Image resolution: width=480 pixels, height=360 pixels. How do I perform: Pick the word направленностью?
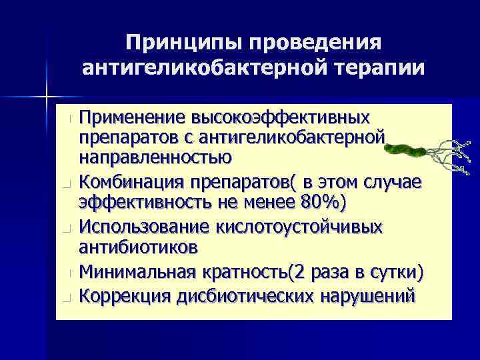[155, 158]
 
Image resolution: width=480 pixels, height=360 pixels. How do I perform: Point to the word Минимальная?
[137, 273]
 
